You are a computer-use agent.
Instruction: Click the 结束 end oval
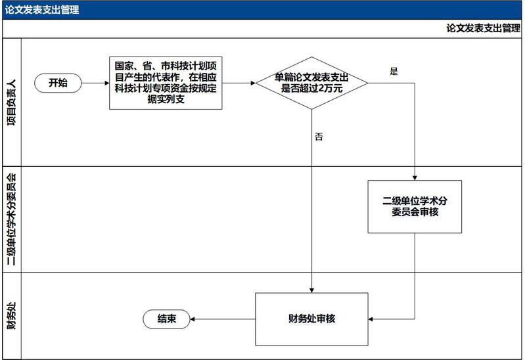pos(167,319)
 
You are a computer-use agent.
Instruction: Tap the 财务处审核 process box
pos(311,319)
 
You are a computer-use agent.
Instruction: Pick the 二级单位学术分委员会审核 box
pos(415,206)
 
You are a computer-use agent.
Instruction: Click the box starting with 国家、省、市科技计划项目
pos(166,83)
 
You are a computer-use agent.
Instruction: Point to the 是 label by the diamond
pos(394,72)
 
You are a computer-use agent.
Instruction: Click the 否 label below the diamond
pos(319,137)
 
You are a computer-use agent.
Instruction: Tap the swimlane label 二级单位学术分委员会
pos(11,219)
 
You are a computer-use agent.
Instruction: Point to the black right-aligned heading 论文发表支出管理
pos(482,29)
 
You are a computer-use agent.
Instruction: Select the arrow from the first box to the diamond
pos(239,83)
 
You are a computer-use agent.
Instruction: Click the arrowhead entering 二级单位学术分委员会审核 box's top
pos(415,177)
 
